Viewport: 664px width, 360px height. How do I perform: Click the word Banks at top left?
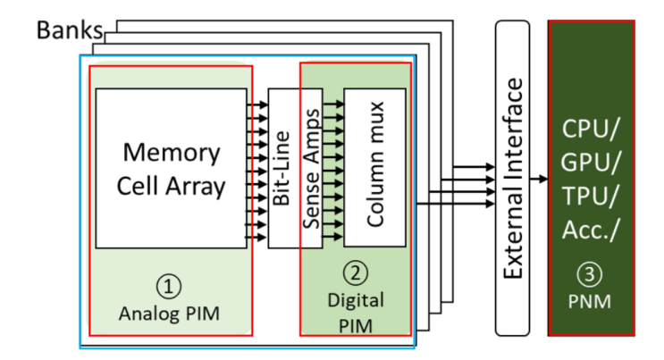tap(70, 29)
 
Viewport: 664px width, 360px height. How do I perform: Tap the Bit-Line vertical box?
tap(282, 167)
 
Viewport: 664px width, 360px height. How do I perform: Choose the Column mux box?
tap(374, 167)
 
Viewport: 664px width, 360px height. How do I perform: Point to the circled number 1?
tap(170, 285)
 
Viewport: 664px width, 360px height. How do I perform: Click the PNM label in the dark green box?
tap(592, 301)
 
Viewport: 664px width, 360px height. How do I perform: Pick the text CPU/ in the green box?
tap(592, 130)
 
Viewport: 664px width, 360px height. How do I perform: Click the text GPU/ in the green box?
tap(592, 163)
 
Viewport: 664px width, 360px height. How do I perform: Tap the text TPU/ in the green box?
tap(592, 197)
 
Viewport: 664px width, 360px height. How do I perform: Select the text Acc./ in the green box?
tap(592, 231)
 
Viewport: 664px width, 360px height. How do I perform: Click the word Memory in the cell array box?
tap(171, 152)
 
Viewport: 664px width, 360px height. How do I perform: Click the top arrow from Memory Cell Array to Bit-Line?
tap(257, 105)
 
